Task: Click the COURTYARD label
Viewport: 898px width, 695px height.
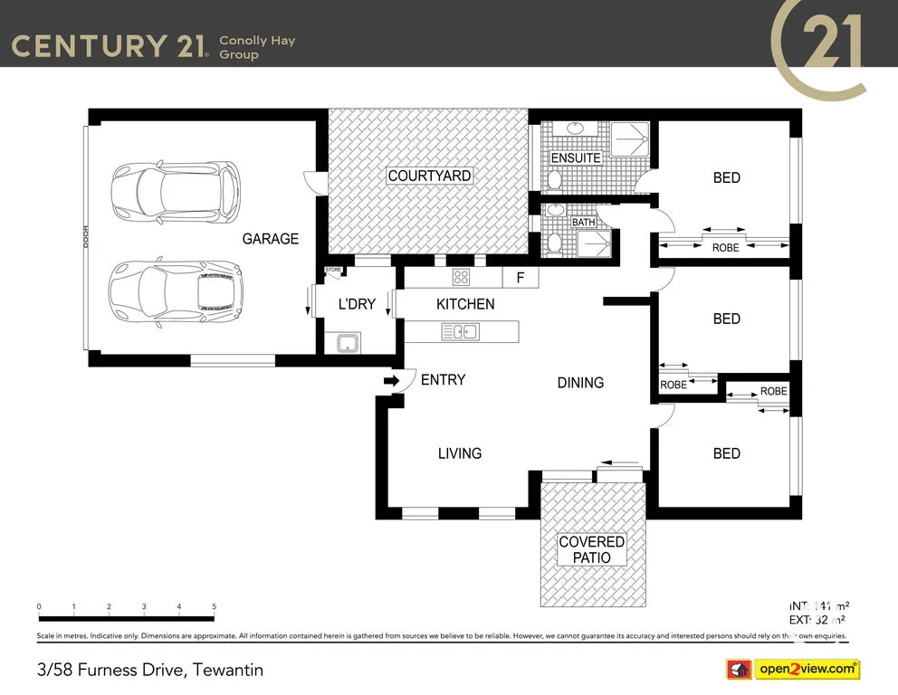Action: [x=429, y=176]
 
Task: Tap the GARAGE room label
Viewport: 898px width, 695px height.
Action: [x=270, y=239]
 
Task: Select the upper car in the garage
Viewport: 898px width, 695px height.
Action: [x=175, y=193]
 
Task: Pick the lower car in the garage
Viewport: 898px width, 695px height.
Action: [x=175, y=293]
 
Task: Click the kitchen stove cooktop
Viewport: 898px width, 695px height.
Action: [x=462, y=278]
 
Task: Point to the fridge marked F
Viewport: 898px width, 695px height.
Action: [x=520, y=278]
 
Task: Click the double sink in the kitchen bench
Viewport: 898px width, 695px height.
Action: [x=460, y=332]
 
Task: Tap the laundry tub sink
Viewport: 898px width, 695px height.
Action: [x=348, y=342]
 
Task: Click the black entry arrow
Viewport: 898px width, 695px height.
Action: [x=392, y=381]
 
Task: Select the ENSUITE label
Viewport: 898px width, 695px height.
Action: [x=576, y=157]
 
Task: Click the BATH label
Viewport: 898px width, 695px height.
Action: [x=583, y=222]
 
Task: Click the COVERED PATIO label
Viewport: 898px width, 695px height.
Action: [x=591, y=550]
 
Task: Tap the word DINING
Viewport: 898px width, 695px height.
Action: [x=580, y=383]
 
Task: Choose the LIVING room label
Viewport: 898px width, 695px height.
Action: [x=460, y=453]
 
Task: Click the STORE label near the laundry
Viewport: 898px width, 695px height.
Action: [x=333, y=270]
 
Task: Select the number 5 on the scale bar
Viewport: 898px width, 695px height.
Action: [x=214, y=606]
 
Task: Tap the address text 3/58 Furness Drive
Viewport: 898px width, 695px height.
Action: [x=150, y=671]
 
